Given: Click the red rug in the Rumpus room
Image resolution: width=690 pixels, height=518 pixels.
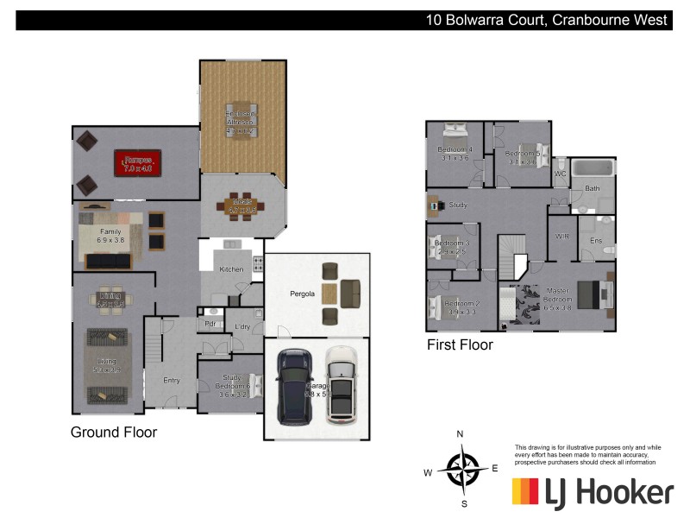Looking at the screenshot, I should click(x=139, y=163).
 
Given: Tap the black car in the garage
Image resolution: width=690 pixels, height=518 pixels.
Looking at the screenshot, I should click(x=295, y=387).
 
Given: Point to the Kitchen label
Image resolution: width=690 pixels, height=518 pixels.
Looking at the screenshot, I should click(x=231, y=269).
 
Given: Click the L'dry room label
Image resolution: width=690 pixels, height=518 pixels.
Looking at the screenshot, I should click(x=242, y=326).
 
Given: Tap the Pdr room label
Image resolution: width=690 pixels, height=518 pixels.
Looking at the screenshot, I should click(x=210, y=324).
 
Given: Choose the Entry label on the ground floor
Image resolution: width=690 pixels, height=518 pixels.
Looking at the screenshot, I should click(x=172, y=380).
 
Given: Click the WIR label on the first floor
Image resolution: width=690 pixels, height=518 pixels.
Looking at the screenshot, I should click(x=562, y=236).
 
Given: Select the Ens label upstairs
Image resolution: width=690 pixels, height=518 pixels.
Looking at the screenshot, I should click(x=595, y=241).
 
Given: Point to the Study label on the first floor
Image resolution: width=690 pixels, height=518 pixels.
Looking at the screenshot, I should click(x=458, y=205).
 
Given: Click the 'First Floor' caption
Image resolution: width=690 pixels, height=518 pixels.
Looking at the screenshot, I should click(x=461, y=345).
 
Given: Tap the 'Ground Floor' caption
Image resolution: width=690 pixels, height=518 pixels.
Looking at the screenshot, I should click(x=114, y=432).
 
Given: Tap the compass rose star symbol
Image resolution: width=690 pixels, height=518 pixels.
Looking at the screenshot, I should click(x=463, y=471).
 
